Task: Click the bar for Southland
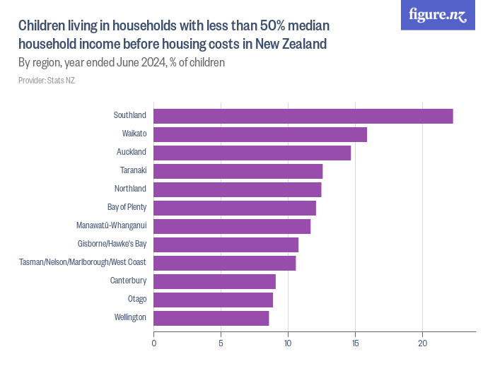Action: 303,116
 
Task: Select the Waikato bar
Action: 260,134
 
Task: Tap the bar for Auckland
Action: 252,153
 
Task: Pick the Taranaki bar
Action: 238,171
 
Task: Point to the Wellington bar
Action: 211,318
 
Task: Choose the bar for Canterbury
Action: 214,281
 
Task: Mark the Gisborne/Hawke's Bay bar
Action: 226,245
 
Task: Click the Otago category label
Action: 136,299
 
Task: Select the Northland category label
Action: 130,189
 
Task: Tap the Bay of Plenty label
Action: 127,207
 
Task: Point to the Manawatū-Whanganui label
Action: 111,225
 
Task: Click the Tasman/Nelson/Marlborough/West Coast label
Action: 83,262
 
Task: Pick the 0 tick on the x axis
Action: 154,343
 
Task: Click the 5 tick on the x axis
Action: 221,343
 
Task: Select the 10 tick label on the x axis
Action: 288,343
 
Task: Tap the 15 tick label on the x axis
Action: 355,343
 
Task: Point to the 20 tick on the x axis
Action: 422,343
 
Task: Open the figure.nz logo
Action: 438,15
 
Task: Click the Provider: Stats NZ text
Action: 47,81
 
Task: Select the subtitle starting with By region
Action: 122,62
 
